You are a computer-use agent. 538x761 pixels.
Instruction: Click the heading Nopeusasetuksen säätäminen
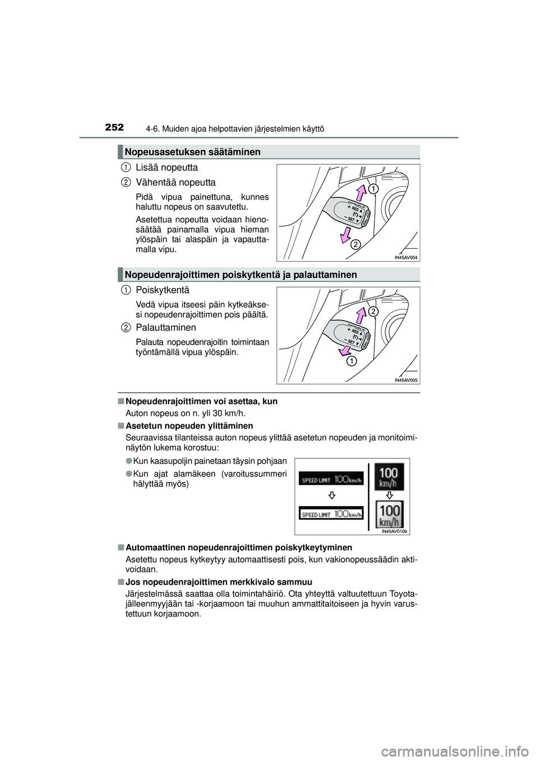(x=193, y=152)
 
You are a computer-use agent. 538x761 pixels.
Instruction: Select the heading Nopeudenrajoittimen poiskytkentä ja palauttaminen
(x=241, y=275)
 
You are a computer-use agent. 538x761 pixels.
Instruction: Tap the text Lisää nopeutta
(x=166, y=168)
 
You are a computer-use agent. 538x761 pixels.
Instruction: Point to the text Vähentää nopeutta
(x=175, y=183)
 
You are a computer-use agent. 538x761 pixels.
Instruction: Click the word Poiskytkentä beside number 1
(x=163, y=290)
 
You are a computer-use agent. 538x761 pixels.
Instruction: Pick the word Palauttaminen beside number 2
(x=166, y=327)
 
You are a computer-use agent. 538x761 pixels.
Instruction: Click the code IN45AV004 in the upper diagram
(x=406, y=257)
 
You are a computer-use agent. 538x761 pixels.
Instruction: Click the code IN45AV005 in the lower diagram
(x=406, y=380)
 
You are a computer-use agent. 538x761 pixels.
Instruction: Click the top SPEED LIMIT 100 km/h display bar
(x=331, y=479)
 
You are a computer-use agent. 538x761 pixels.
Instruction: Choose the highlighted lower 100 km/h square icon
(x=389, y=514)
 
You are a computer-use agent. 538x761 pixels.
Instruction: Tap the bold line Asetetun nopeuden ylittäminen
(x=189, y=426)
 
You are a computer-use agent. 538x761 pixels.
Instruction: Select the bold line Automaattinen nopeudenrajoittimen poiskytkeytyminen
(x=239, y=547)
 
